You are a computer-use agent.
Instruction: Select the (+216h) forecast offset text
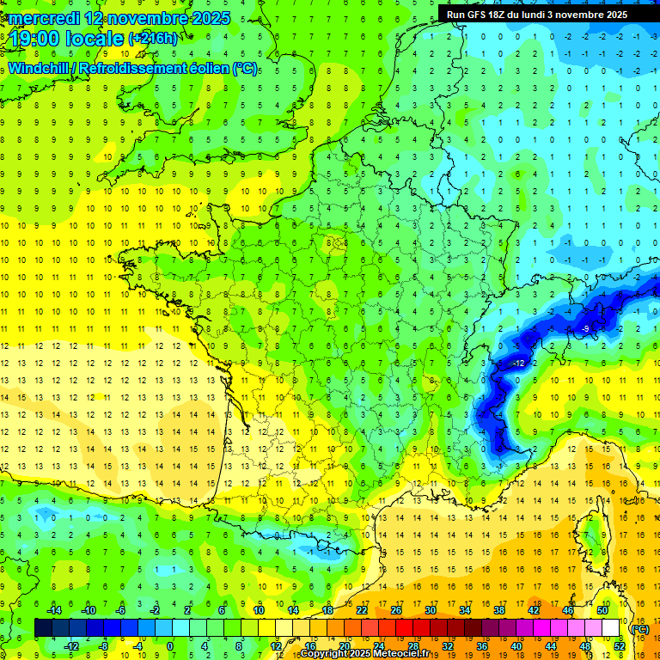(153, 39)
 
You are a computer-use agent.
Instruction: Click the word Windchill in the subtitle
(40, 68)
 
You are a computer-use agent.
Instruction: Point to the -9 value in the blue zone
(585, 329)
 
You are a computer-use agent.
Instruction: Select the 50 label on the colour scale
(602, 610)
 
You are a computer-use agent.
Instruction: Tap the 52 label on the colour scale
(620, 645)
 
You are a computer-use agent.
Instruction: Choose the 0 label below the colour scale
(169, 645)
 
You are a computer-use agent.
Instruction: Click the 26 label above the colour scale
(396, 610)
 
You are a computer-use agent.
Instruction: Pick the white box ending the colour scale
(610, 628)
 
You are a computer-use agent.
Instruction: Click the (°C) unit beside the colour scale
(639, 628)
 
